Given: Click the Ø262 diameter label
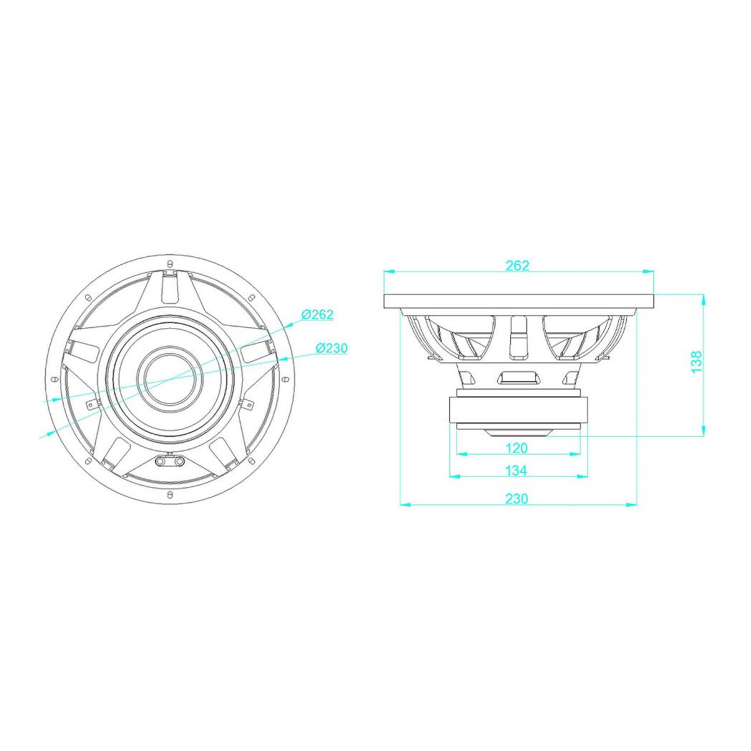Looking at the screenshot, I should pos(317,314).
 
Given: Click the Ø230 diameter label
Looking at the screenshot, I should pos(332,348).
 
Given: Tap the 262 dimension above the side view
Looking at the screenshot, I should pos(517,265).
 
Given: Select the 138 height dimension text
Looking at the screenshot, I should pos(697,362).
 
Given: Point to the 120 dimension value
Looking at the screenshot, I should pos(517,447).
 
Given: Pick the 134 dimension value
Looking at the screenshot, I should pos(516,471).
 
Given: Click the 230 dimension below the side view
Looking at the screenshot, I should pos(517,499).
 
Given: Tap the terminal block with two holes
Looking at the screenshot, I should pos(170,461).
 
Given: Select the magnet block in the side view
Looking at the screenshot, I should pos(518,410).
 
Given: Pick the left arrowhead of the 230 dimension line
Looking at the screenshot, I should pos(406,505).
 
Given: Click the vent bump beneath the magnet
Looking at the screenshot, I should pos(518,431).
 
